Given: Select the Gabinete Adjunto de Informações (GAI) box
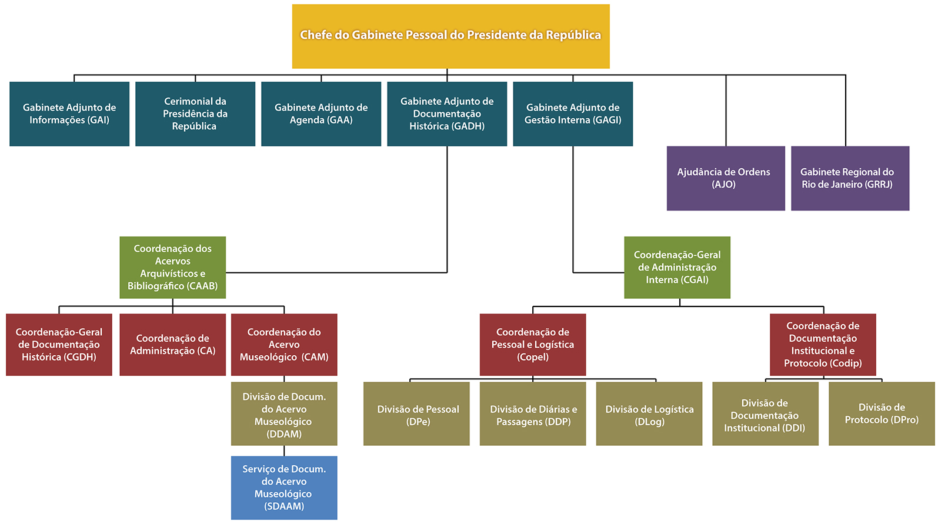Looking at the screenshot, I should [69, 114].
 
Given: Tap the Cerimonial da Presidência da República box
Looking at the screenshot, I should [195, 114].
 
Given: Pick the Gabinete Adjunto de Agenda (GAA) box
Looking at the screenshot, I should [321, 114].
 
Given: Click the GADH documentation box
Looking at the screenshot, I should [447, 114].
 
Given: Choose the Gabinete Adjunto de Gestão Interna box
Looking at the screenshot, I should [573, 114].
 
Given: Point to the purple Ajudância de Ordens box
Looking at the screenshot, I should [726, 178].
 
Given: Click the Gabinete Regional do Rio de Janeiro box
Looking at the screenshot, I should [850, 178].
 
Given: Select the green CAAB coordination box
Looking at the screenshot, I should [172, 267].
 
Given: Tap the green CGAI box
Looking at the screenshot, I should [677, 267].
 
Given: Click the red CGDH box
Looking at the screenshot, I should [59, 345].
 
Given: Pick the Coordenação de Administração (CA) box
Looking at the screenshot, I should [172, 345].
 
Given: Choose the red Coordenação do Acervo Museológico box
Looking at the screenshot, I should [284, 345].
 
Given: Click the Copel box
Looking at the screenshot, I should [533, 345].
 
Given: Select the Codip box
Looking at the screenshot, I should [823, 345].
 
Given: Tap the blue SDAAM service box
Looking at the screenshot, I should [284, 488].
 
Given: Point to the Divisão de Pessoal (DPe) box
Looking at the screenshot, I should [416, 413].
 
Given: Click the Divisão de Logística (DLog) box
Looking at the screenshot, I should [649, 413].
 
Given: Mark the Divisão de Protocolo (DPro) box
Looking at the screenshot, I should [882, 413].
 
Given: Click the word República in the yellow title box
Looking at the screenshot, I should [573, 35].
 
